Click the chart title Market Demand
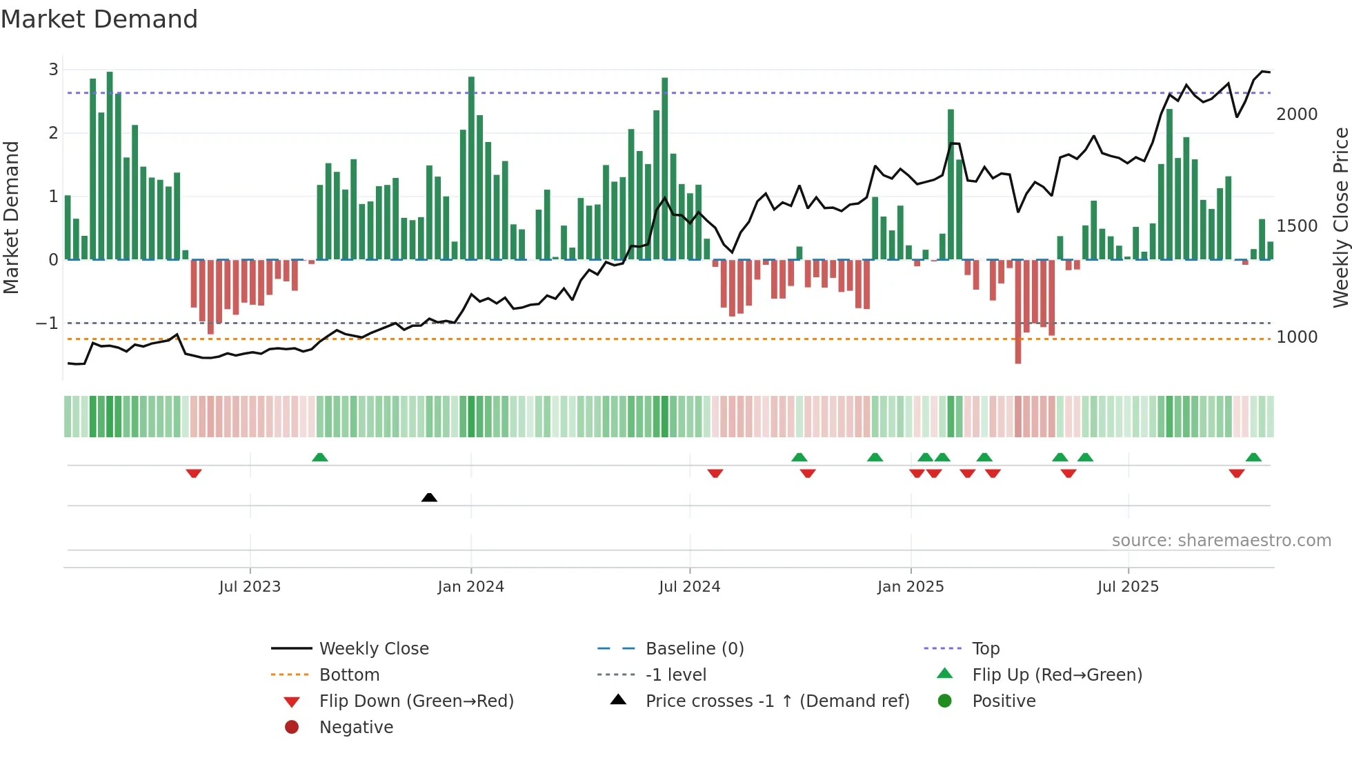point(99,19)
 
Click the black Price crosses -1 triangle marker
point(429,497)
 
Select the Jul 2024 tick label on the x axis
point(689,587)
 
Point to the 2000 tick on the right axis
point(1296,114)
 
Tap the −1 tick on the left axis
point(47,323)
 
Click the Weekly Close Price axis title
point(1340,217)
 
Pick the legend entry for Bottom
point(349,675)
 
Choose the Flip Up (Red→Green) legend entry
point(1057,675)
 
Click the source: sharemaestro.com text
point(1221,541)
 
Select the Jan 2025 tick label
point(911,587)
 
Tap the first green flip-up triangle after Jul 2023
point(319,457)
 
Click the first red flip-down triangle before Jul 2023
point(194,473)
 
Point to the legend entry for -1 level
point(676,675)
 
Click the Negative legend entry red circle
point(292,728)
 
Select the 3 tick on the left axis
point(53,70)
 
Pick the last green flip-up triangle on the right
point(1253,457)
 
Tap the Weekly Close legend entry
point(373,649)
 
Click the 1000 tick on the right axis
point(1296,337)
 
